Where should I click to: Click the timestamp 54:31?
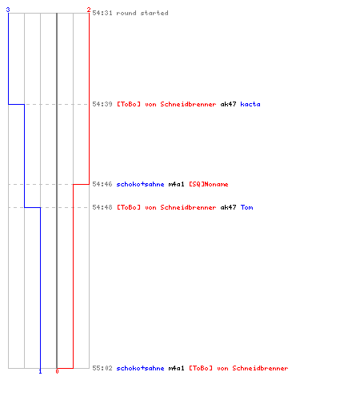pyautogui.click(x=102, y=13)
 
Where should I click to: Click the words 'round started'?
pyautogui.click(x=142, y=13)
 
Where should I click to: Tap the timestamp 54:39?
pyautogui.click(x=102, y=104)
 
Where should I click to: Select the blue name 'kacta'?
pyautogui.click(x=250, y=104)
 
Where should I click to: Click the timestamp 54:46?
pyautogui.click(x=102, y=184)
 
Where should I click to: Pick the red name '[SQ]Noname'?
pyautogui.click(x=209, y=184)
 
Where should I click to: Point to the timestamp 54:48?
pyautogui.click(x=102, y=207)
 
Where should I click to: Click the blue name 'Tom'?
pyautogui.click(x=246, y=207)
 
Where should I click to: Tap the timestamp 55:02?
pyautogui.click(x=102, y=368)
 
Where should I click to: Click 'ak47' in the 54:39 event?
pyautogui.click(x=228, y=104)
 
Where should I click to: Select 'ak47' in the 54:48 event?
pyautogui.click(x=228, y=207)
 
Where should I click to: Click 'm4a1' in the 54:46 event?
pyautogui.click(x=176, y=184)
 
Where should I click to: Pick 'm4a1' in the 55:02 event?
pyautogui.click(x=176, y=368)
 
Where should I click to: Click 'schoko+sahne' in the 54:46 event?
pyautogui.click(x=140, y=184)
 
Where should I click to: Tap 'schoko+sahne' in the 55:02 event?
pyautogui.click(x=140, y=368)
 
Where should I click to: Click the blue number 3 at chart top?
pyautogui.click(x=8, y=10)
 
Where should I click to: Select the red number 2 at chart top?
pyautogui.click(x=89, y=10)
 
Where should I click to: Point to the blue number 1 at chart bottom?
pyautogui.click(x=40, y=371)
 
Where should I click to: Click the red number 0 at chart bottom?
pyautogui.click(x=57, y=371)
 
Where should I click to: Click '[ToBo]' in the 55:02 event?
pyautogui.click(x=201, y=368)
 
